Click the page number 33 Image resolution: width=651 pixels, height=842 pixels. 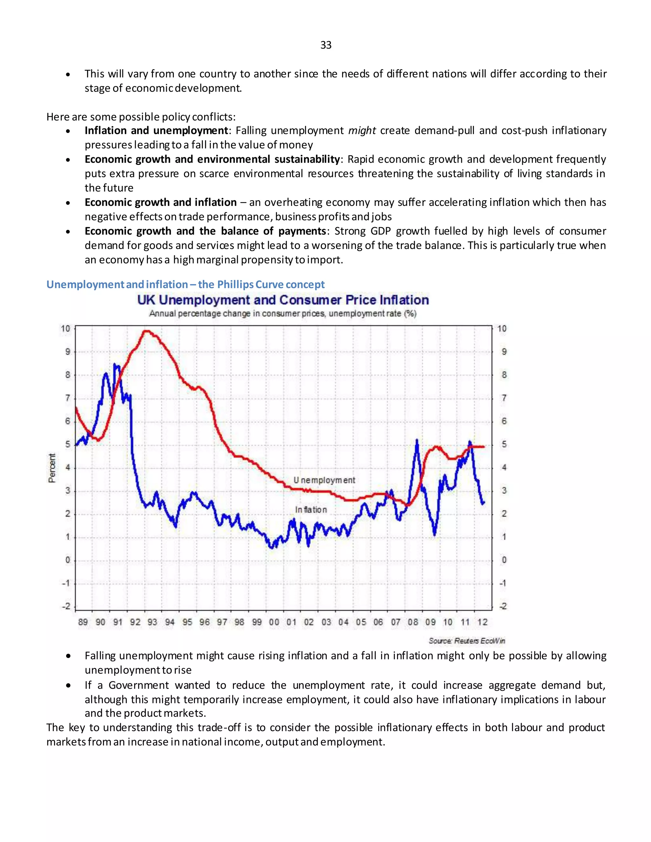click(325, 45)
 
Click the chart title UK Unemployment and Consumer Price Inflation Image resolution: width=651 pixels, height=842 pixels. click(283, 300)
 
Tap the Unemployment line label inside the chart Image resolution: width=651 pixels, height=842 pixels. click(324, 480)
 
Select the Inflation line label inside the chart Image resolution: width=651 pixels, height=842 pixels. click(311, 510)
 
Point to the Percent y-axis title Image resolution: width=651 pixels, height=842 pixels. click(52, 468)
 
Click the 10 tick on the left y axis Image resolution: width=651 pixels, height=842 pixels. click(65, 329)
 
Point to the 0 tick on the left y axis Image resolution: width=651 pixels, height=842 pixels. click(67, 560)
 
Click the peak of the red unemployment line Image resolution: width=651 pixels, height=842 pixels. click(146, 331)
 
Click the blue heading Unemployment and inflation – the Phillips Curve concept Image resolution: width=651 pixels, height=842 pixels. click(185, 284)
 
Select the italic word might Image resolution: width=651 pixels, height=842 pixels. click(362, 131)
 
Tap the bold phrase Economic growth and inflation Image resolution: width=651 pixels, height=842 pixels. click(161, 202)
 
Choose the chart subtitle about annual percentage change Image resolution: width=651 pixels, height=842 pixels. click(283, 313)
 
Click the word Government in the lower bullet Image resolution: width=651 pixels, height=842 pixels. click(139, 685)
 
